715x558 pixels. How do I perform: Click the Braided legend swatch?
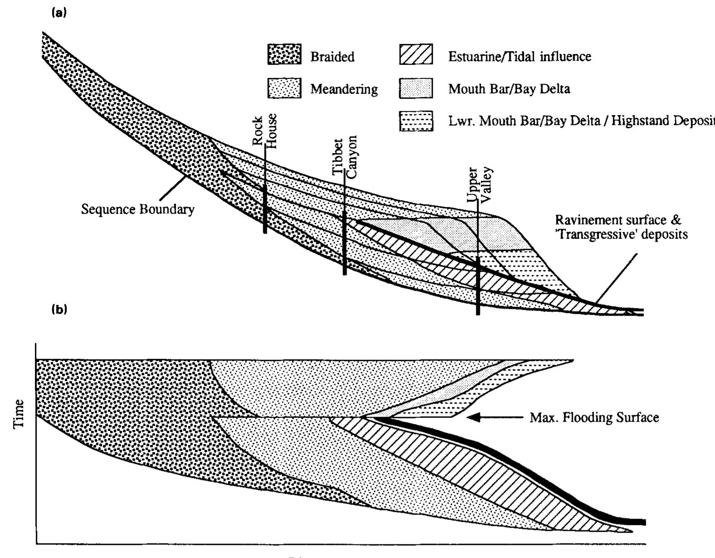284,55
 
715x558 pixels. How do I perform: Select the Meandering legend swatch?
284,87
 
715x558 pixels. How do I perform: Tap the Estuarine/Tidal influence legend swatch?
416,55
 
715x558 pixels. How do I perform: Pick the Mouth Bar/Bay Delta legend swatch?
416,87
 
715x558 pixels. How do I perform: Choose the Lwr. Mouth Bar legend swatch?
416,121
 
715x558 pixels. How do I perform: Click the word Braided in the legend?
332,57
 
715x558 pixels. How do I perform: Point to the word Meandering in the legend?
344,89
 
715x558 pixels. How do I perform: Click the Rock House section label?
264,130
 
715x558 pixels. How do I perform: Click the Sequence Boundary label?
138,210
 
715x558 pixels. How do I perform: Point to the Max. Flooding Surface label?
594,417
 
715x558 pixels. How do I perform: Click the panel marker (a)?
59,13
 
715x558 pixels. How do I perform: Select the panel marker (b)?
59,309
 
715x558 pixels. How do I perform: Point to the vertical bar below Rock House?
265,208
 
